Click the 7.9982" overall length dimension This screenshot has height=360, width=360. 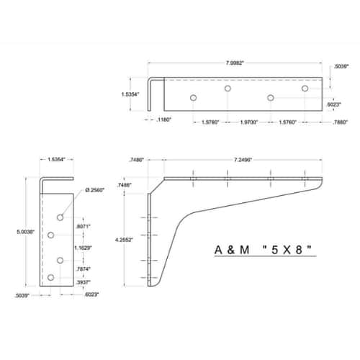235,63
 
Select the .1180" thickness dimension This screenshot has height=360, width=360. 163,120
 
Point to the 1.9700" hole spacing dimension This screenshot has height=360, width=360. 249,122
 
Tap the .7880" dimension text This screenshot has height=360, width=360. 340,122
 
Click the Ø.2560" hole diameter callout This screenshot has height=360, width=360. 95,190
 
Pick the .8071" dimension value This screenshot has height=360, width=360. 83,226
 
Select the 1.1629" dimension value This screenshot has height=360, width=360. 83,248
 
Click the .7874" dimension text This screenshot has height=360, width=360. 83,269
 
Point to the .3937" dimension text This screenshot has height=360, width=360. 83,282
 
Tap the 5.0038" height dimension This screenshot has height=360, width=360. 26,232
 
